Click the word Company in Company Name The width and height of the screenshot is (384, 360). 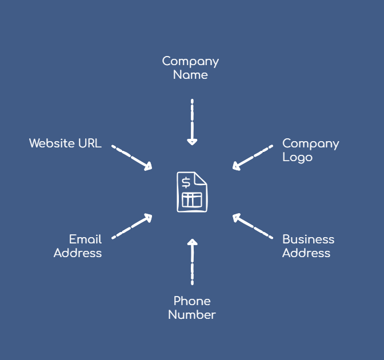[190, 61]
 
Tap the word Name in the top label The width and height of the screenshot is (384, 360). [190, 75]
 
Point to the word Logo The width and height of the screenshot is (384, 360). [297, 157]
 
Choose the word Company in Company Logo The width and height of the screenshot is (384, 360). [310, 143]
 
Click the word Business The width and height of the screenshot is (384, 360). [308, 239]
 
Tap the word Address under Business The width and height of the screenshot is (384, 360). [306, 253]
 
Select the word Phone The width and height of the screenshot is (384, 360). [192, 301]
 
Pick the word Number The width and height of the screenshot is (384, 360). [192, 314]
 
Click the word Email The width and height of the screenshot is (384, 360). [85, 239]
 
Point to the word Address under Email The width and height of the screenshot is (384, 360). [78, 253]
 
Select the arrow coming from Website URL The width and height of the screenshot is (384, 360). [132, 158]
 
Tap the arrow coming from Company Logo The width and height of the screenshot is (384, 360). [253, 158]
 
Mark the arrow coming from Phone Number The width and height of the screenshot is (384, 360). [192, 262]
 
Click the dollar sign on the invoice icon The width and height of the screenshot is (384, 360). [186, 183]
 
